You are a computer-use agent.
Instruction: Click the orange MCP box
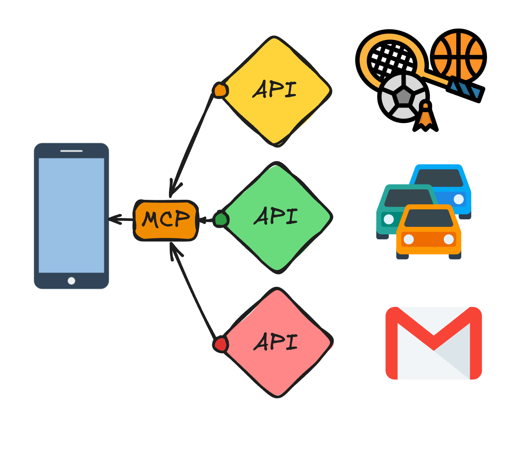[166, 220]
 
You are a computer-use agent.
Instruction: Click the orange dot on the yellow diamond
[220, 90]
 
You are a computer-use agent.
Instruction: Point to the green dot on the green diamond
[221, 219]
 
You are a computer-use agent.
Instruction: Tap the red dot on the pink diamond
[221, 344]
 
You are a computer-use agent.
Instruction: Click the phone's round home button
[71, 281]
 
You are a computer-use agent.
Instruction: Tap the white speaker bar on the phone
[71, 151]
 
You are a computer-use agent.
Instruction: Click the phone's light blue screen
[71, 215]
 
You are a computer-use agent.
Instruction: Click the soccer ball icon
[403, 97]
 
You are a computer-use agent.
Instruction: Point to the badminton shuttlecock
[425, 116]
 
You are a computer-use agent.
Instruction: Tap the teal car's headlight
[389, 219]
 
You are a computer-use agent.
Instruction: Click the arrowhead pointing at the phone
[112, 219]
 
